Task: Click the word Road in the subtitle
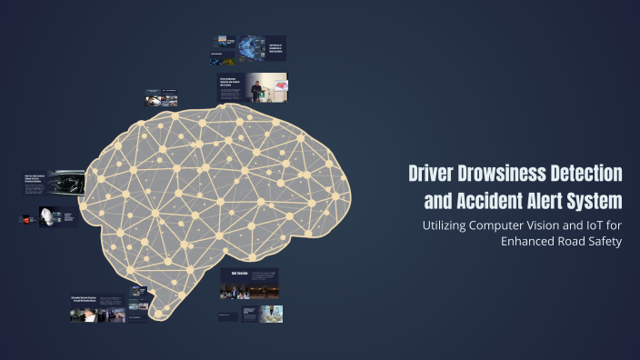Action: (572, 241)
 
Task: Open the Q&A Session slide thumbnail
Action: (249, 283)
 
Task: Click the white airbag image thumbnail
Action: (45, 217)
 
